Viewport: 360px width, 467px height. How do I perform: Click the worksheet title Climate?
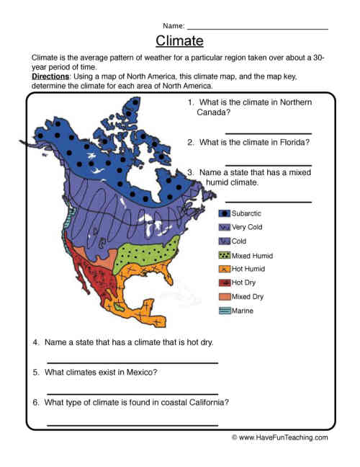179,40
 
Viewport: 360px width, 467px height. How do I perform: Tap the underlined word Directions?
51,76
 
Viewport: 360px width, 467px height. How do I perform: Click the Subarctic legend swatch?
225,213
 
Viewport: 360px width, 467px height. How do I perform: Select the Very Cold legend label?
247,227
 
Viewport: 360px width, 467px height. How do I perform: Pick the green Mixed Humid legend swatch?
225,255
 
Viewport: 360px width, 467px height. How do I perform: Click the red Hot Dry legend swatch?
225,283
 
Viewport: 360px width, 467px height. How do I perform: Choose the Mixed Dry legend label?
247,296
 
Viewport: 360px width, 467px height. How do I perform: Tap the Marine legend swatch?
225,311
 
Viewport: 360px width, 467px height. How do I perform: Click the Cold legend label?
239,241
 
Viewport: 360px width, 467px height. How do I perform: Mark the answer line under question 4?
132,363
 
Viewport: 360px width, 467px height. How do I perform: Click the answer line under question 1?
268,133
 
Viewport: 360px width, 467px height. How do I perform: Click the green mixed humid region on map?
140,254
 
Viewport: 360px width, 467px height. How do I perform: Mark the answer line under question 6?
132,424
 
